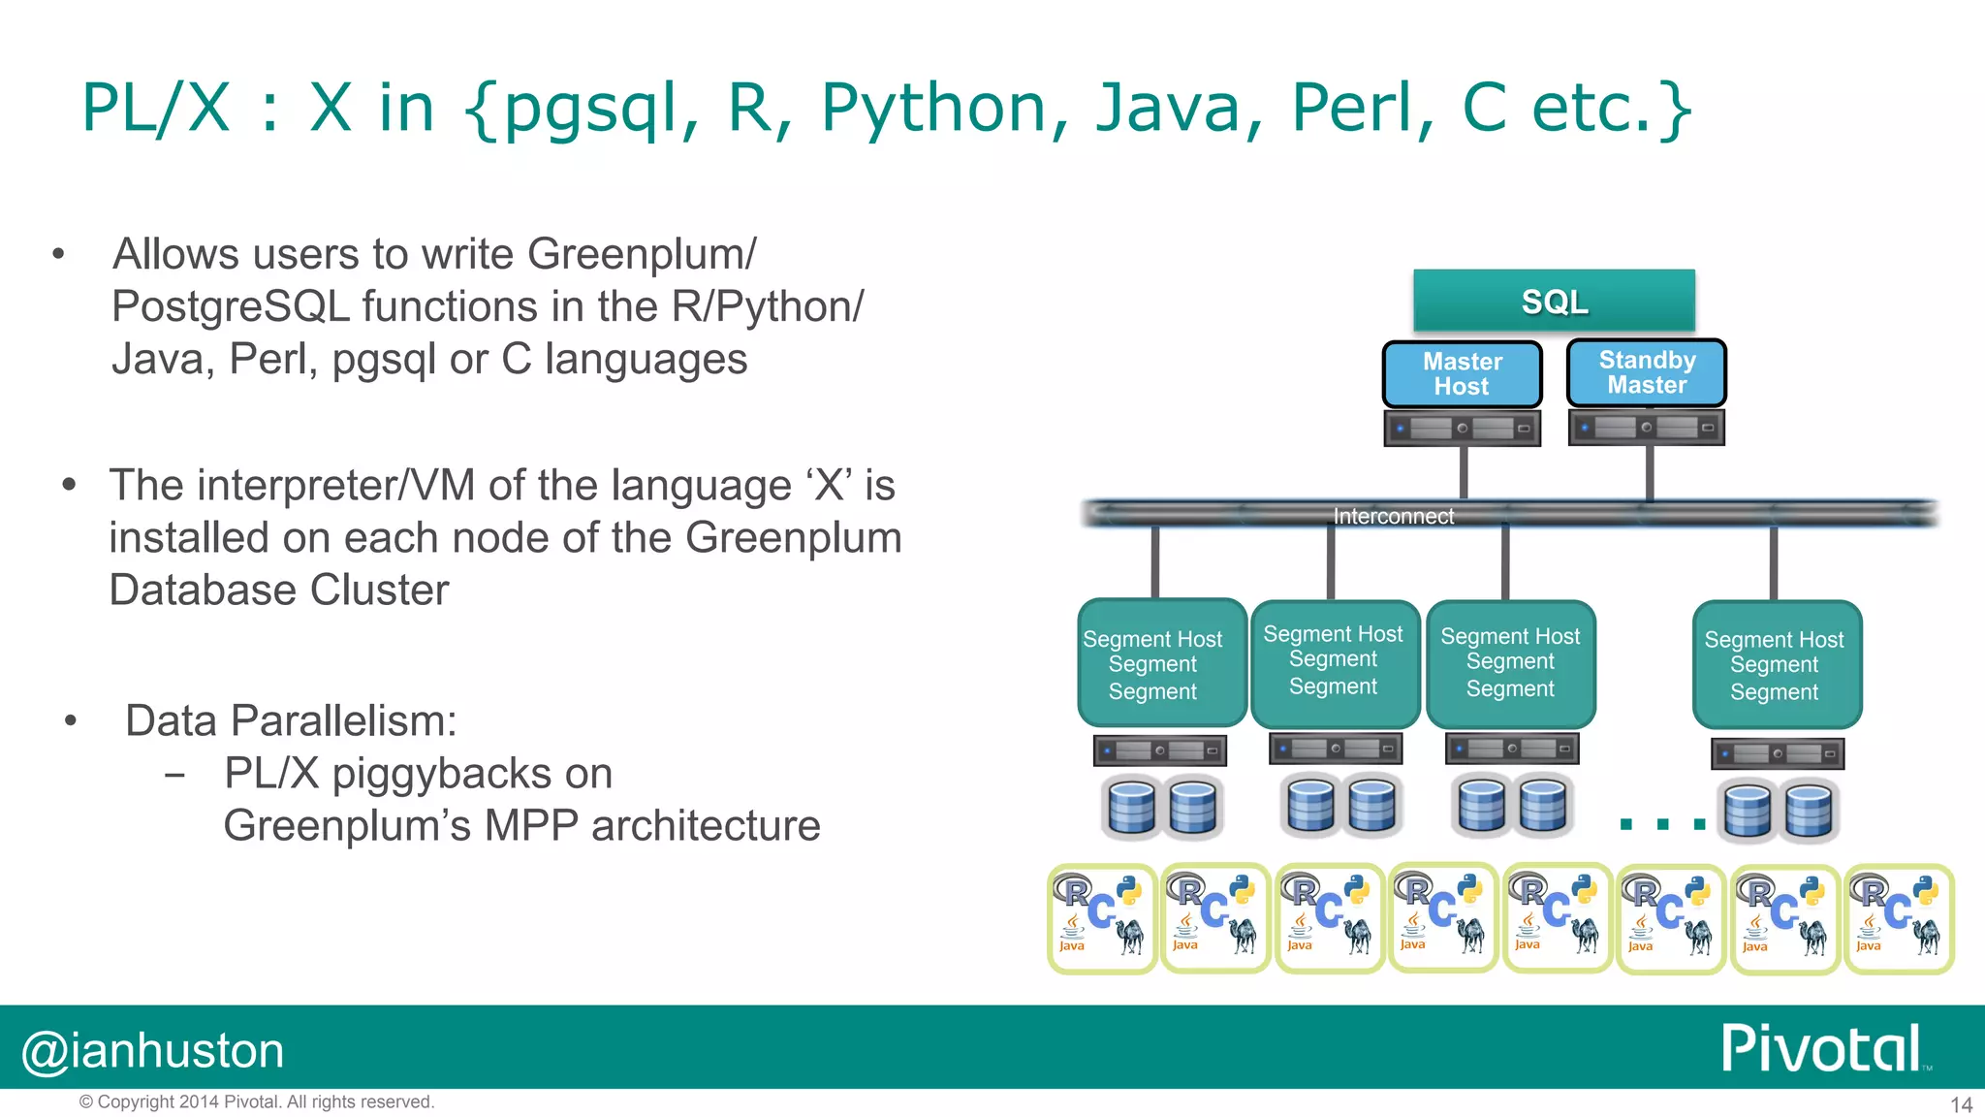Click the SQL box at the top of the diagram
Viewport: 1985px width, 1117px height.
pyautogui.click(x=1554, y=302)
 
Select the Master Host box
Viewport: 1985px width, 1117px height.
pyautogui.click(x=1462, y=373)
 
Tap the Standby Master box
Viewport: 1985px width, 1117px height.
pyautogui.click(x=1647, y=372)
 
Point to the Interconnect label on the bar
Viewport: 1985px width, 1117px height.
pyautogui.click(x=1393, y=516)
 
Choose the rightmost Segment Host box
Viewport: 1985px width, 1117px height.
pyautogui.click(x=1776, y=665)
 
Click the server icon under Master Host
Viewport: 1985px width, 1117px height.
pyautogui.click(x=1462, y=428)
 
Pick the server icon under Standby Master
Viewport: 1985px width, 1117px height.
pyautogui.click(x=1646, y=428)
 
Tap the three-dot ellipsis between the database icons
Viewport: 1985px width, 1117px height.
pyautogui.click(x=1662, y=824)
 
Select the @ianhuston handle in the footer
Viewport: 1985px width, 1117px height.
pyautogui.click(x=153, y=1051)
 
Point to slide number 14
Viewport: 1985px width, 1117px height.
pyautogui.click(x=1961, y=1104)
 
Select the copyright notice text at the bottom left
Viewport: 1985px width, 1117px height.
pyautogui.click(x=257, y=1101)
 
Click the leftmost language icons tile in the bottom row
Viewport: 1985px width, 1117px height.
pyautogui.click(x=1102, y=918)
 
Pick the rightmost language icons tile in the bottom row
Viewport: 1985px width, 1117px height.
pyautogui.click(x=1898, y=918)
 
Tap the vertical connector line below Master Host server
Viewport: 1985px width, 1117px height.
pyautogui.click(x=1463, y=473)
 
